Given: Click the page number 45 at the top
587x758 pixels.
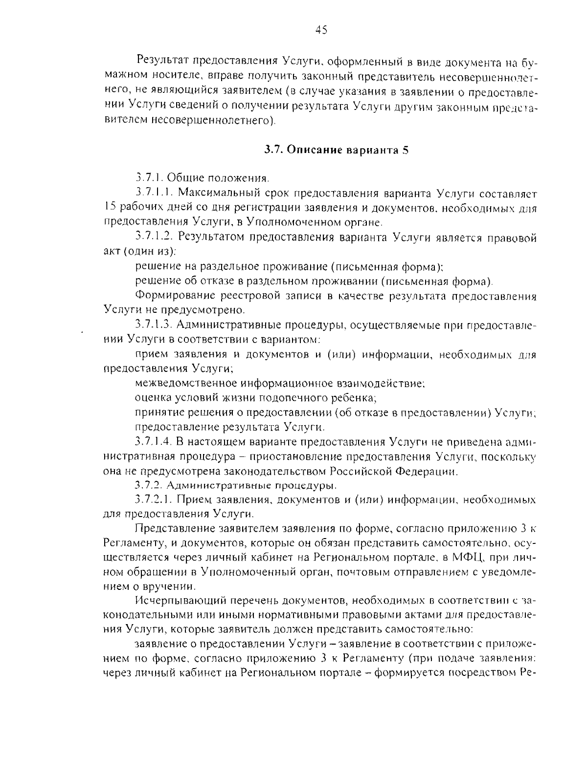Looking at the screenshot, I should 321,30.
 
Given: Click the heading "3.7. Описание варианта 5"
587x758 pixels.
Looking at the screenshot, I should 336,150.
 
